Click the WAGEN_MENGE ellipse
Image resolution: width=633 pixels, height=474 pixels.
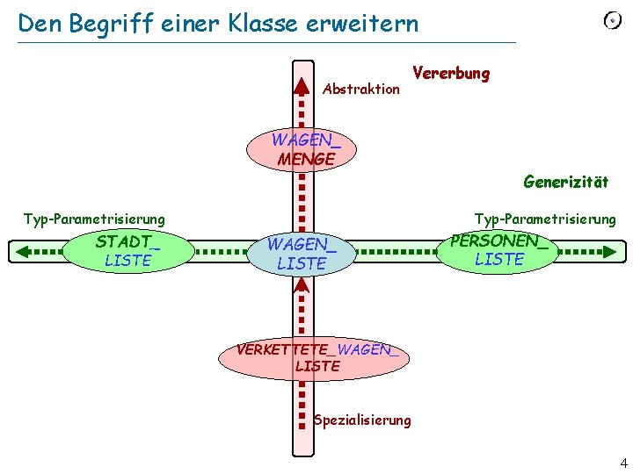coord(303,149)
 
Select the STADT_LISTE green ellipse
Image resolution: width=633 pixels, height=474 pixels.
coord(128,250)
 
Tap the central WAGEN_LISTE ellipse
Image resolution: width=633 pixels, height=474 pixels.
coord(302,253)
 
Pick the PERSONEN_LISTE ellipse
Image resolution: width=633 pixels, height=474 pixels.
coord(498,250)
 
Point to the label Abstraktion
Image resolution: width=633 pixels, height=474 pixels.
coord(361,89)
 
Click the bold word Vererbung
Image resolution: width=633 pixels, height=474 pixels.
coord(450,73)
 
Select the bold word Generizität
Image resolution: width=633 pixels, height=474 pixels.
coord(565,183)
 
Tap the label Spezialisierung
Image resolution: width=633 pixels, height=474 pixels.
coord(362,420)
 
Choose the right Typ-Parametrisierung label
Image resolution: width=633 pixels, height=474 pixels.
coord(545,219)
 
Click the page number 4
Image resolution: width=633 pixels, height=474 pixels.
coord(623,463)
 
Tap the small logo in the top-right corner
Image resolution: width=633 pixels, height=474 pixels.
coord(613,21)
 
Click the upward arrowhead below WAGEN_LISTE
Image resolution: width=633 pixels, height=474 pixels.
coord(302,286)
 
